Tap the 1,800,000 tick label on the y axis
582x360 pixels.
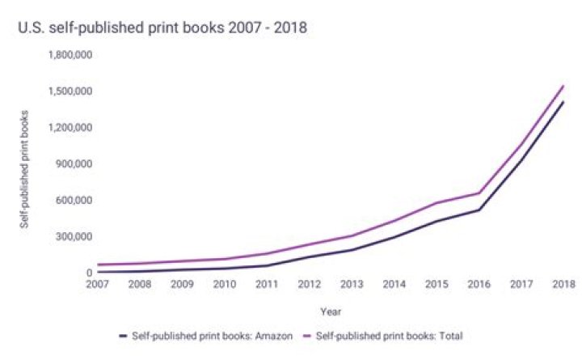click(x=71, y=55)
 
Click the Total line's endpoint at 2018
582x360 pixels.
click(x=563, y=86)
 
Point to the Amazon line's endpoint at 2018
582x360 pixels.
click(x=563, y=102)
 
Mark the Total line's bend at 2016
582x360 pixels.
click(x=479, y=193)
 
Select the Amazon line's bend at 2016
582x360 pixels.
click(x=479, y=210)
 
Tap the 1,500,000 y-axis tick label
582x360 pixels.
click(x=71, y=91)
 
